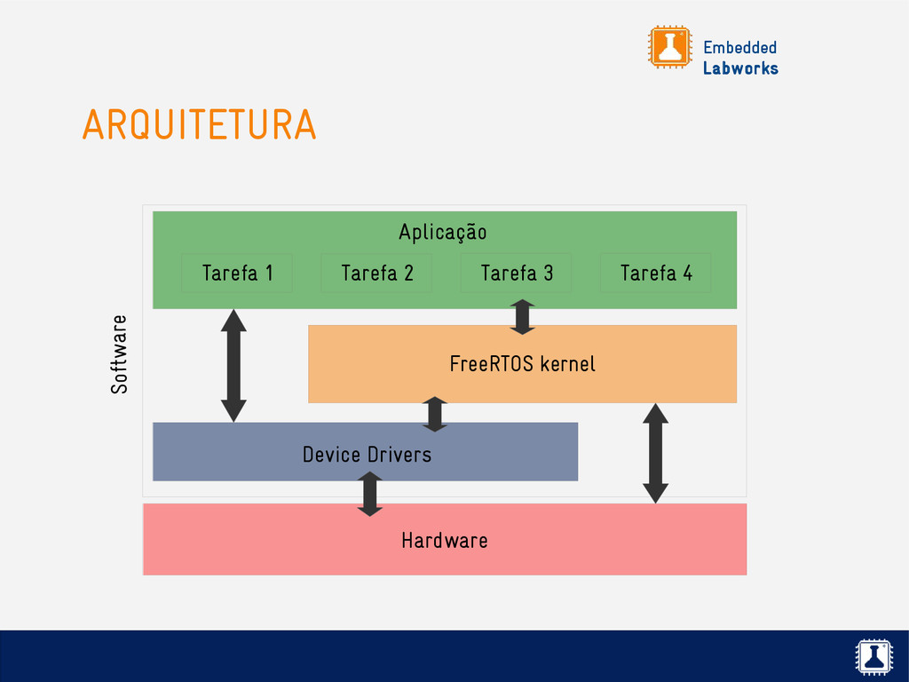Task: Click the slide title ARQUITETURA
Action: (x=199, y=125)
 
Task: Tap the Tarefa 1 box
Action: (x=237, y=273)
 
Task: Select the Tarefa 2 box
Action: (x=376, y=273)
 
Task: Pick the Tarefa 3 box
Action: (x=517, y=273)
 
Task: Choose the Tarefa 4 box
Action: (x=656, y=273)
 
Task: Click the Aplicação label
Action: (x=442, y=233)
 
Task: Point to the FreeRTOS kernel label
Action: (x=522, y=363)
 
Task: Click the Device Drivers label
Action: (x=367, y=455)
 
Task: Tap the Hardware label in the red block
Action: (x=444, y=540)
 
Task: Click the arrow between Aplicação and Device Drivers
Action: (x=233, y=365)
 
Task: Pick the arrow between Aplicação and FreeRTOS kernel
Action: (x=523, y=317)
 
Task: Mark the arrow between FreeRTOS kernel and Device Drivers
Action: (x=434, y=414)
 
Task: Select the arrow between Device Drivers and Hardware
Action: (x=369, y=494)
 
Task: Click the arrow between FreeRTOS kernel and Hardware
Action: (x=655, y=453)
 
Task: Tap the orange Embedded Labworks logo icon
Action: (x=669, y=46)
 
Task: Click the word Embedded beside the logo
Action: (x=739, y=48)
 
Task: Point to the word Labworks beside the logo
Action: (x=740, y=68)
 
